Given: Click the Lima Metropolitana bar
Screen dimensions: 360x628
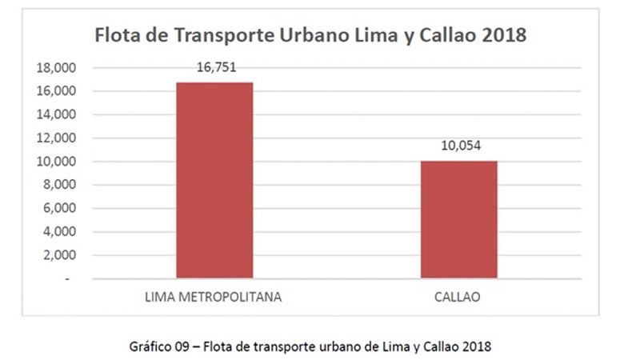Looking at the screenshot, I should click(x=214, y=180).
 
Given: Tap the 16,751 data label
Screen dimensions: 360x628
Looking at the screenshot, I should click(x=214, y=68).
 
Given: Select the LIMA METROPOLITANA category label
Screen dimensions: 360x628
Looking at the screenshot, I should click(x=214, y=297).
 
